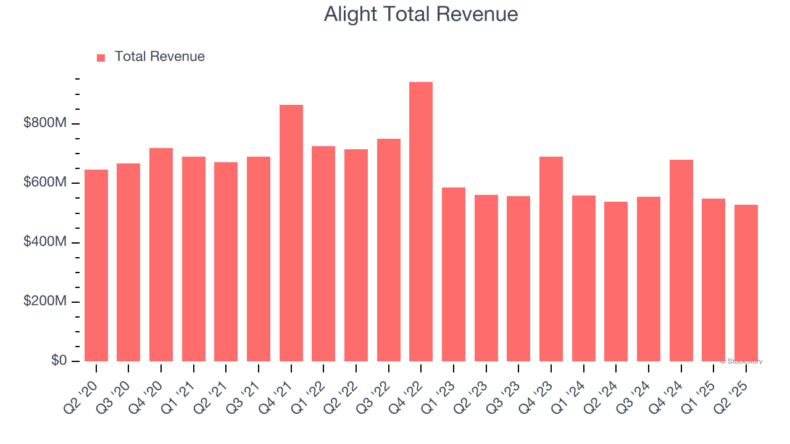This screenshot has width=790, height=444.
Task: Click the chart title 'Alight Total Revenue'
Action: pyautogui.click(x=420, y=14)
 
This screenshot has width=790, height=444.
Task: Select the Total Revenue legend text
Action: pyautogui.click(x=159, y=57)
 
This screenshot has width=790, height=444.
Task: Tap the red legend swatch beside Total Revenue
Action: pyautogui.click(x=101, y=57)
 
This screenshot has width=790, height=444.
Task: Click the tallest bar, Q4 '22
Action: pyautogui.click(x=421, y=222)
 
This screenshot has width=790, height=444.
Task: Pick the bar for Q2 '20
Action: pyautogui.click(x=96, y=265)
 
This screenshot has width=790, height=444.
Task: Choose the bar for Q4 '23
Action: pyautogui.click(x=551, y=259)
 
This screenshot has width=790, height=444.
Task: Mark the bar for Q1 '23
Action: pyautogui.click(x=454, y=274)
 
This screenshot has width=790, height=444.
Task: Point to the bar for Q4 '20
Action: pyautogui.click(x=161, y=255)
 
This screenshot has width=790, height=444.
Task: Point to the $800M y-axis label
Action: pyautogui.click(x=44, y=123)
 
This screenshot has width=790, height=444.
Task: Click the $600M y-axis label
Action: pyautogui.click(x=44, y=183)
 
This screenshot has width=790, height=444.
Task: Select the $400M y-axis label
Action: pyautogui.click(x=44, y=242)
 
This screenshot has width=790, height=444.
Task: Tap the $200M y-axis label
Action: pyautogui.click(x=44, y=302)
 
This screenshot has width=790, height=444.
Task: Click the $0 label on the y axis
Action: pyautogui.click(x=59, y=361)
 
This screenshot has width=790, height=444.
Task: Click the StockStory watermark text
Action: pyautogui.click(x=741, y=361)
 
